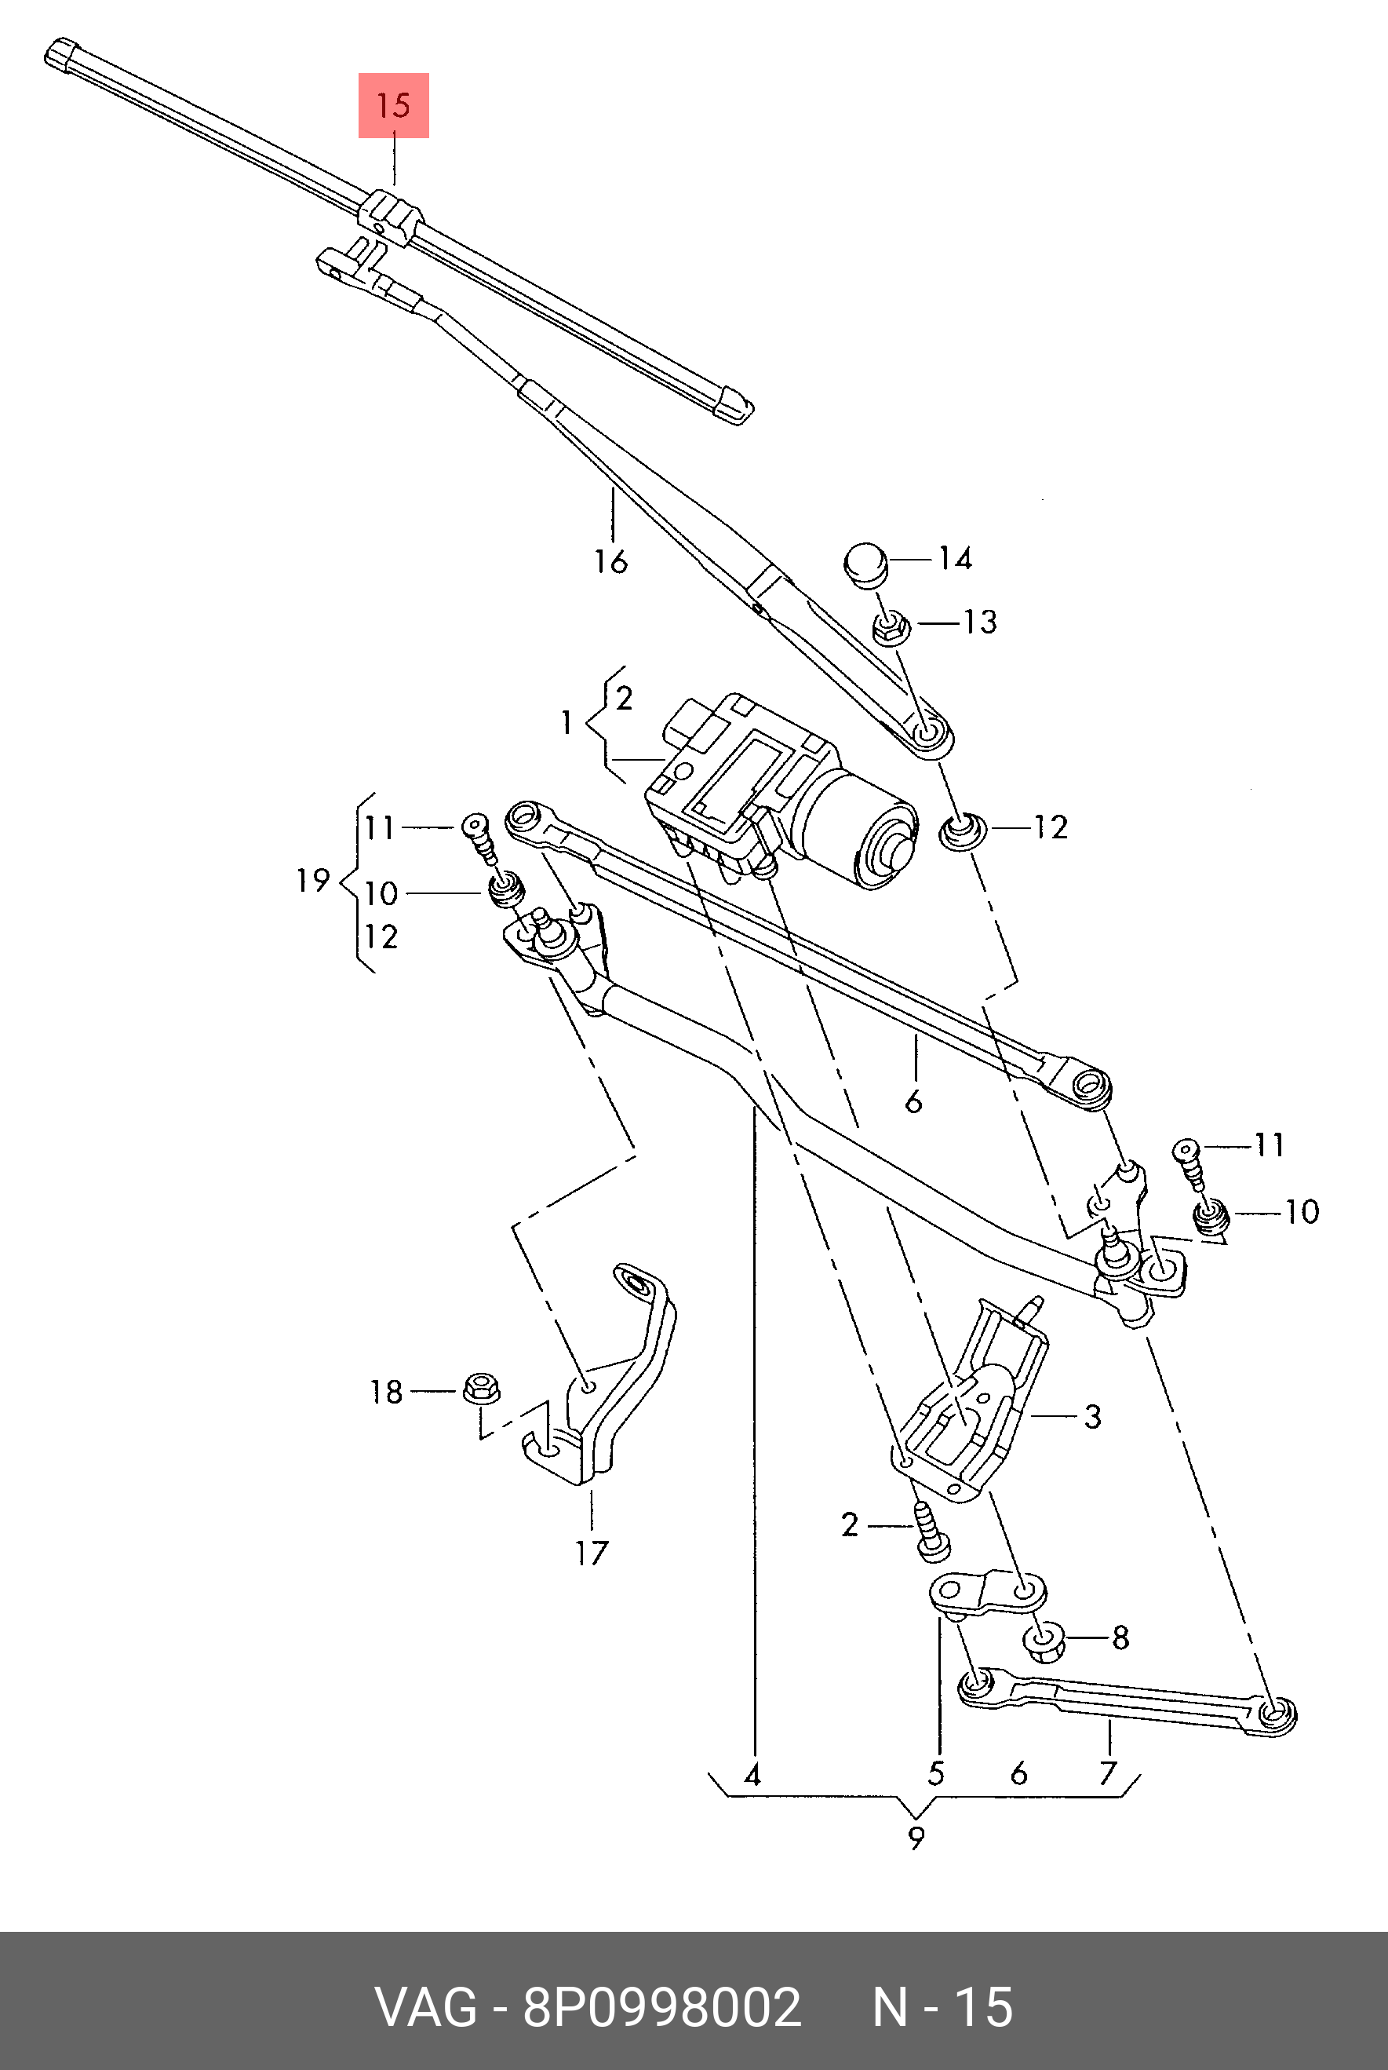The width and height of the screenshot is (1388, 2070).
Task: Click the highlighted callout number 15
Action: coord(393,105)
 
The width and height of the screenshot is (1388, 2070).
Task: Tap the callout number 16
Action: coord(610,561)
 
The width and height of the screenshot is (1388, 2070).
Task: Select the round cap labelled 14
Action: coord(865,564)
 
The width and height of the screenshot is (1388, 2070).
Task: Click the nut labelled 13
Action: coord(891,630)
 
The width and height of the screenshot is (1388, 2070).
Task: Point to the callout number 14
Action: coord(955,559)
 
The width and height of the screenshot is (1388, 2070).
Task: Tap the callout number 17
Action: coord(592,1553)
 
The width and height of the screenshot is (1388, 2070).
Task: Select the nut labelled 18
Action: coord(482,1387)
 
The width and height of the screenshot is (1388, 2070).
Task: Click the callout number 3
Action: coord(1093,1417)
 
